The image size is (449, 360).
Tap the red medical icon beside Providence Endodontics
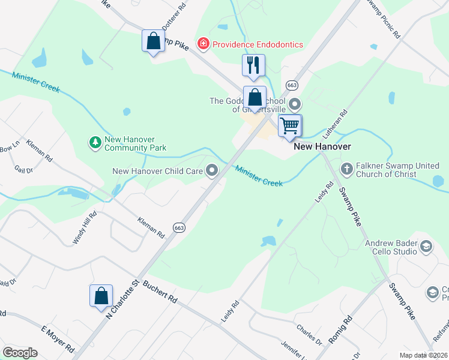[203, 44]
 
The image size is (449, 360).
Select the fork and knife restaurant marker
[253, 65]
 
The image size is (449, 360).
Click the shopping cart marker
[290, 126]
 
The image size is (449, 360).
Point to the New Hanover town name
[322, 146]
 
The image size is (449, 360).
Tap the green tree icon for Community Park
[95, 143]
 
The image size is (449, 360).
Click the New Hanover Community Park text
[135, 143]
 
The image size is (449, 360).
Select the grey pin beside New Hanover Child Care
[211, 172]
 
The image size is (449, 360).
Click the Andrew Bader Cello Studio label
[391, 247]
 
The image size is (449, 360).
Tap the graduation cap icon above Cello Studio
[426, 246]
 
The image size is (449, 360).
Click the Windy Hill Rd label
[85, 228]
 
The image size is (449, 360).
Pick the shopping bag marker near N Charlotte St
[101, 296]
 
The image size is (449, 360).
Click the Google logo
[20, 353]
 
